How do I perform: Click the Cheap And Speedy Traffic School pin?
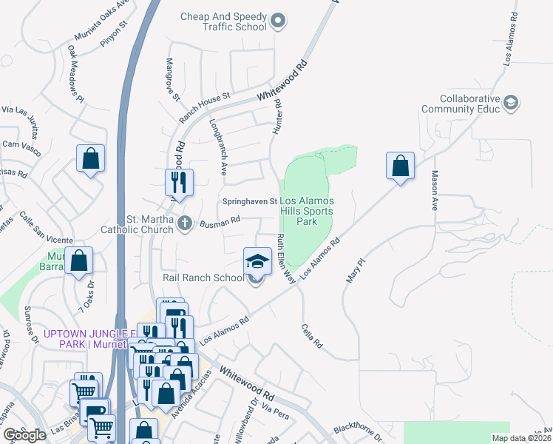tap(278, 21)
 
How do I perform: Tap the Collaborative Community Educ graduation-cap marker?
tap(510, 103)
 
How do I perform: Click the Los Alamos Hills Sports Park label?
tap(306, 211)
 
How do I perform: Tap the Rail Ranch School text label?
tap(203, 277)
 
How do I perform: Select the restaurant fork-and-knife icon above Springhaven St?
tap(179, 182)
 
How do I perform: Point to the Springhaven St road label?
tap(250, 201)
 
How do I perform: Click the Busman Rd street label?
tap(221, 220)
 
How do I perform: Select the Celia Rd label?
tap(313, 335)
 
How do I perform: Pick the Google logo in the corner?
tap(24, 435)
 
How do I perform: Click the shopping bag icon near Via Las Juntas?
tap(90, 158)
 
